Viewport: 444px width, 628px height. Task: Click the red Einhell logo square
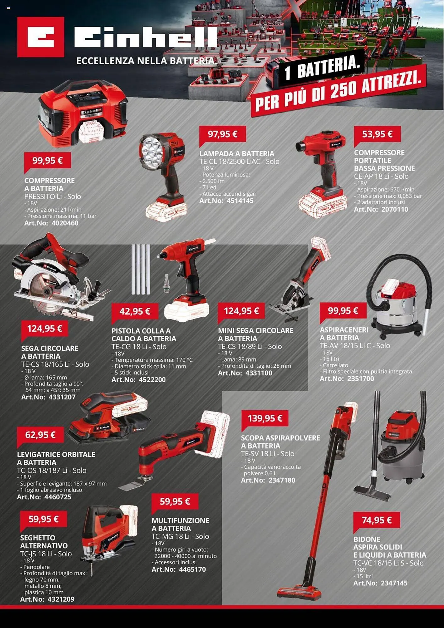pyautogui.click(x=41, y=37)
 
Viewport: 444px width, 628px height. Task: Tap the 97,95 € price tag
pyautogui.click(x=223, y=134)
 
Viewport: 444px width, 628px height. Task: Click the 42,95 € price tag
pyautogui.click(x=135, y=311)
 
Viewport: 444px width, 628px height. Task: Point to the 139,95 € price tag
pyautogui.click(x=265, y=419)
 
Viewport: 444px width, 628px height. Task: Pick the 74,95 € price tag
pyautogui.click(x=377, y=520)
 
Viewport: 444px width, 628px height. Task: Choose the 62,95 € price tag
pyautogui.click(x=41, y=435)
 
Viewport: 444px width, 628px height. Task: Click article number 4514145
pyautogui.click(x=240, y=201)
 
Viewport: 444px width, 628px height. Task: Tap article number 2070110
pyautogui.click(x=395, y=209)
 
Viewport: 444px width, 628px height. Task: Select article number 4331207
pyautogui.click(x=62, y=397)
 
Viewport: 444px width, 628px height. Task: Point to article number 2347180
pyautogui.click(x=282, y=480)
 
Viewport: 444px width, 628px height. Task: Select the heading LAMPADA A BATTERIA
pyautogui.click(x=237, y=154)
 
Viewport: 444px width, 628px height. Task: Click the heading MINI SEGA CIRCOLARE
pyautogui.click(x=256, y=331)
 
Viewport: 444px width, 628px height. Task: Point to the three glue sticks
pyautogui.click(x=141, y=269)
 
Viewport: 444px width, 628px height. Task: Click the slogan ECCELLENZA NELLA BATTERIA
pyautogui.click(x=147, y=61)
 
